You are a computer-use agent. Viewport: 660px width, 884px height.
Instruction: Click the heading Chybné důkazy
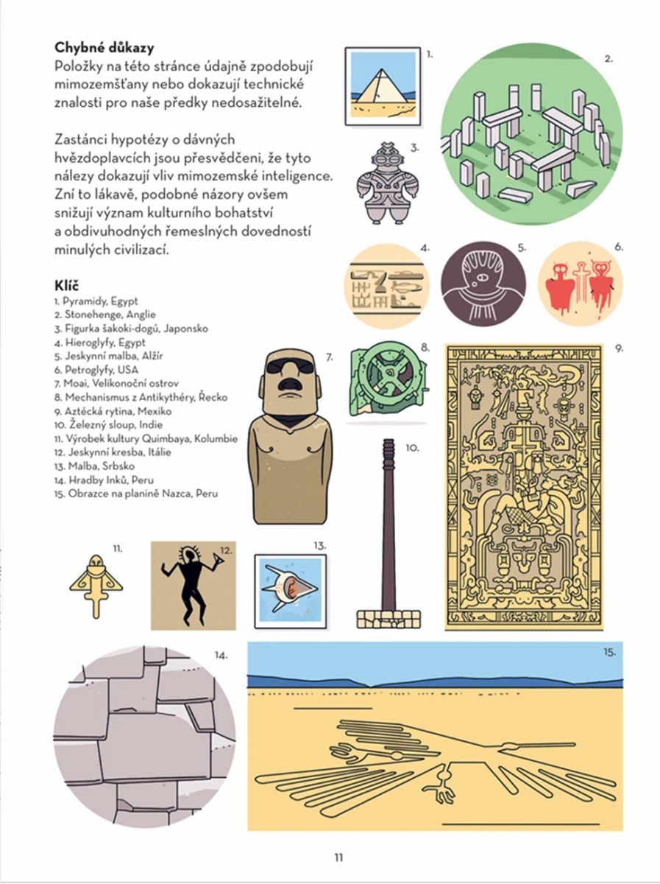tap(104, 49)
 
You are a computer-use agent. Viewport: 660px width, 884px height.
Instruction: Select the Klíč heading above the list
tap(67, 284)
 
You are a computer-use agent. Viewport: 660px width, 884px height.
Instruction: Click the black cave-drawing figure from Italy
tap(185, 586)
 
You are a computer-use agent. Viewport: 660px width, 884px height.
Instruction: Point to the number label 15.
tap(608, 652)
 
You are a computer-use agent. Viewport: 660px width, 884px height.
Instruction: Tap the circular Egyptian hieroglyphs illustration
tap(387, 285)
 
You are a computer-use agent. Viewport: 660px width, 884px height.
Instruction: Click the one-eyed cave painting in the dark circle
tap(483, 284)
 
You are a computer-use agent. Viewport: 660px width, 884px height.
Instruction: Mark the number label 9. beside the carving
tap(620, 348)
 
